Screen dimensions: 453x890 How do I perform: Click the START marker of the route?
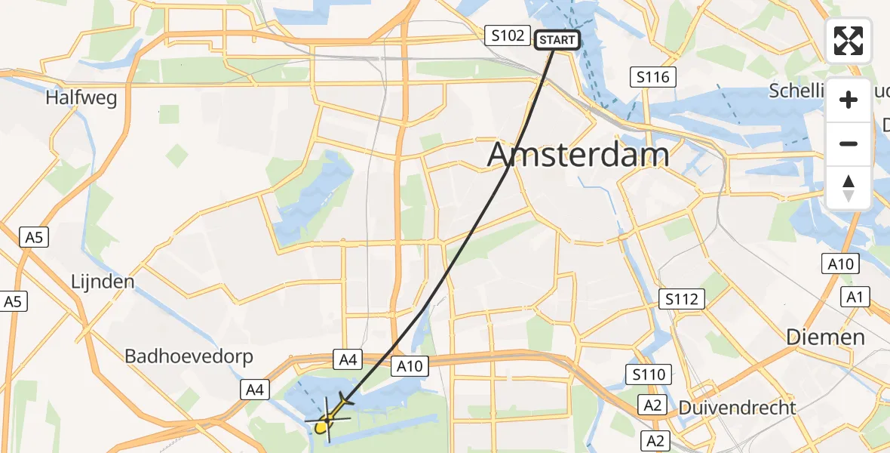pos(557,40)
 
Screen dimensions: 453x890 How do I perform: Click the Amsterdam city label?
pos(578,155)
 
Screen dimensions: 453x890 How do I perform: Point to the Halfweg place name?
pos(81,97)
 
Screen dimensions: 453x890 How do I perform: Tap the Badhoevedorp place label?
pos(189,356)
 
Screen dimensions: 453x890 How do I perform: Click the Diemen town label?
pos(825,337)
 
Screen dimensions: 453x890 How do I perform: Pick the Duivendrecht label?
pos(737,408)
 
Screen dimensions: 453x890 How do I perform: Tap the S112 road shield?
pos(682,299)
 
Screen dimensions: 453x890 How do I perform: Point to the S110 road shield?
pos(649,373)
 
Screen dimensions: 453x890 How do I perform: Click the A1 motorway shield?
pos(854,297)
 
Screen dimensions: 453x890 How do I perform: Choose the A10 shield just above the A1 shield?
pos(840,263)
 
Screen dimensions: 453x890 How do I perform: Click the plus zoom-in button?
pos(849,100)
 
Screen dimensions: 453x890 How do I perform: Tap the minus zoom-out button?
pos(849,143)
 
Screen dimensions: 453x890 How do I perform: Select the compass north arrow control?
pos(849,187)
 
